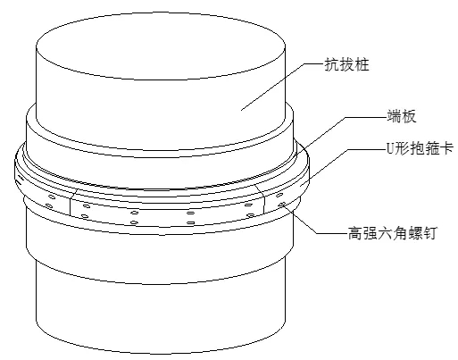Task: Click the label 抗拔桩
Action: click(346, 64)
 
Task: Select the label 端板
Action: click(401, 116)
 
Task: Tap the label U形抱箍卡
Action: click(420, 148)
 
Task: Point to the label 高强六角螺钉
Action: click(392, 233)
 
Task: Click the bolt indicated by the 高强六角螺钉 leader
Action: click(282, 205)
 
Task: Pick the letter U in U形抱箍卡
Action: click(390, 148)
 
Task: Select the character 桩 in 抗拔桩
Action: click(362, 64)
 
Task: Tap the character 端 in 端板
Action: click(394, 116)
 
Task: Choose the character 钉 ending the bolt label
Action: click(429, 233)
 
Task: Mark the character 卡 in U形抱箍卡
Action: click(447, 148)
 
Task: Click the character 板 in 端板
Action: click(409, 116)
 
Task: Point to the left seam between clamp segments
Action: click(72, 202)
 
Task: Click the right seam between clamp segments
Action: click(261, 197)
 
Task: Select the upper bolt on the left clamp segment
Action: click(51, 197)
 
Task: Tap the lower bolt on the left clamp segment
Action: click(49, 205)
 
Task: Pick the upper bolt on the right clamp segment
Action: click(279, 196)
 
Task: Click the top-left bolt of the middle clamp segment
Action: click(86, 206)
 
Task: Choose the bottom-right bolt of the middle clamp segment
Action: click(250, 215)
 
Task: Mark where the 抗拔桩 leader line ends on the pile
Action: click(241, 110)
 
